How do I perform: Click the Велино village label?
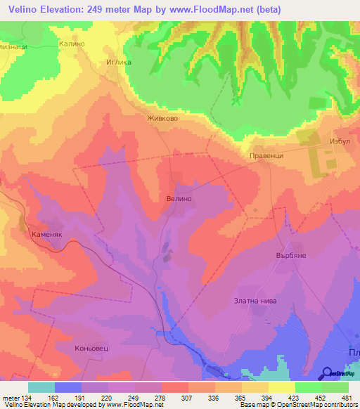(179, 199)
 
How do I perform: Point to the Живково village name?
(162, 119)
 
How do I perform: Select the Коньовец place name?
(93, 348)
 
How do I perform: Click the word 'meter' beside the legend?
(10, 398)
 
